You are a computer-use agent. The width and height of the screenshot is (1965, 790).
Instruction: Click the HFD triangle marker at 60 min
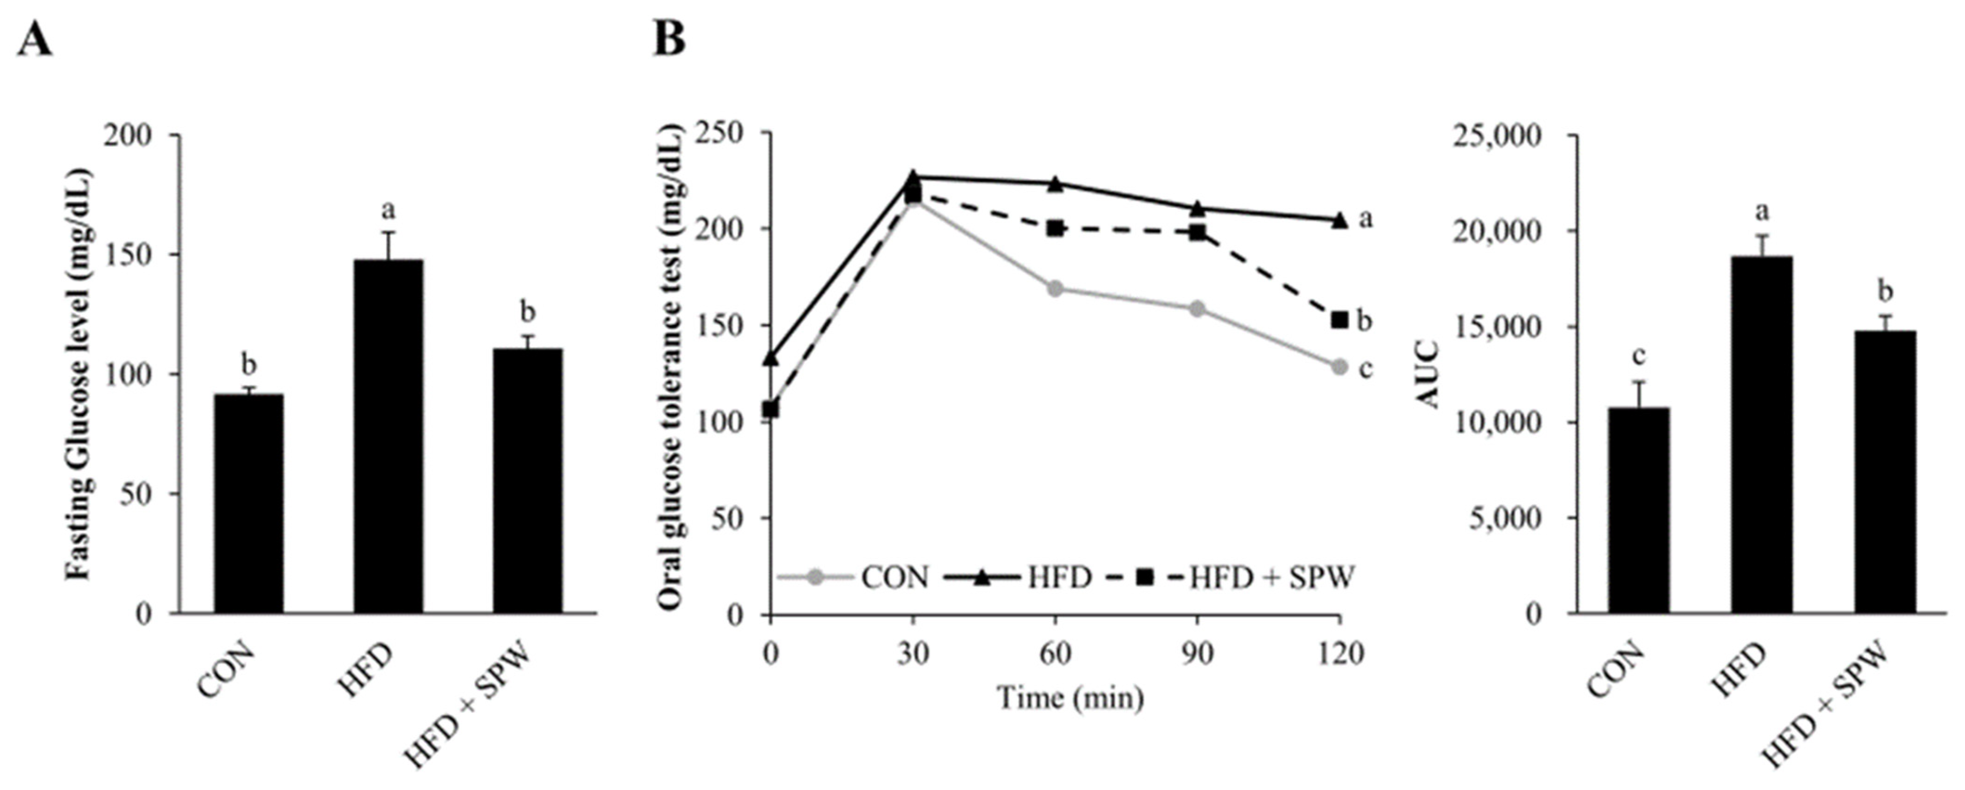tap(1055, 184)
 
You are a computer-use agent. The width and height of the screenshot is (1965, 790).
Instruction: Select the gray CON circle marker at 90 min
tap(1197, 309)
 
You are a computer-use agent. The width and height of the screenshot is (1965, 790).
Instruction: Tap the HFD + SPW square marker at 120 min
tap(1340, 320)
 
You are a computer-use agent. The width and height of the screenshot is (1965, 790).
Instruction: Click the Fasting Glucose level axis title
tap(78, 374)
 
